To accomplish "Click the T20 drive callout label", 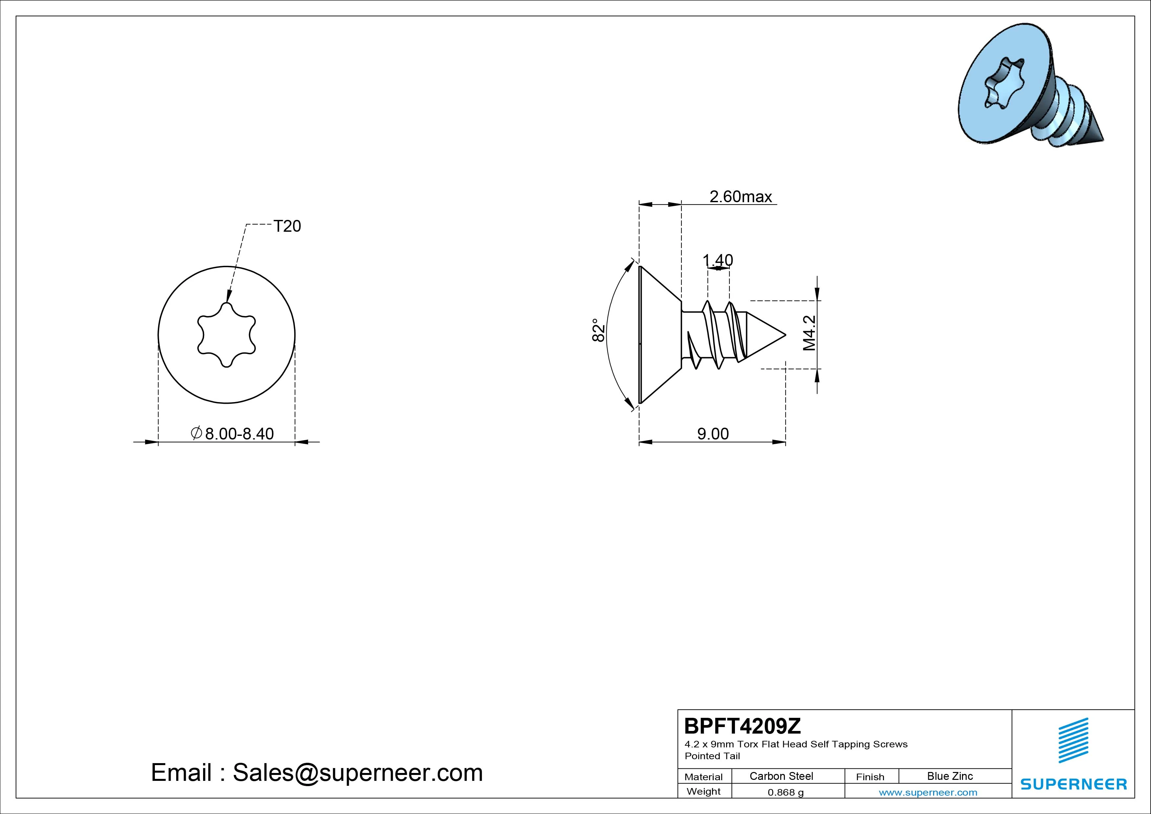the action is pos(287,226).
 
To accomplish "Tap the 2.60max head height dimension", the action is pos(741,197).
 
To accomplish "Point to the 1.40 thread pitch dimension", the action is pos(718,260).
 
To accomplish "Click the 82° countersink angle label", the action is pos(598,330).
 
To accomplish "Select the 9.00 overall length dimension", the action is pos(713,434).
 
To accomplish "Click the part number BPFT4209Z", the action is pos(743,726).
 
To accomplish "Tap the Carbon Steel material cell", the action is pos(781,776).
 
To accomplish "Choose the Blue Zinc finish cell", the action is pos(950,776).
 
